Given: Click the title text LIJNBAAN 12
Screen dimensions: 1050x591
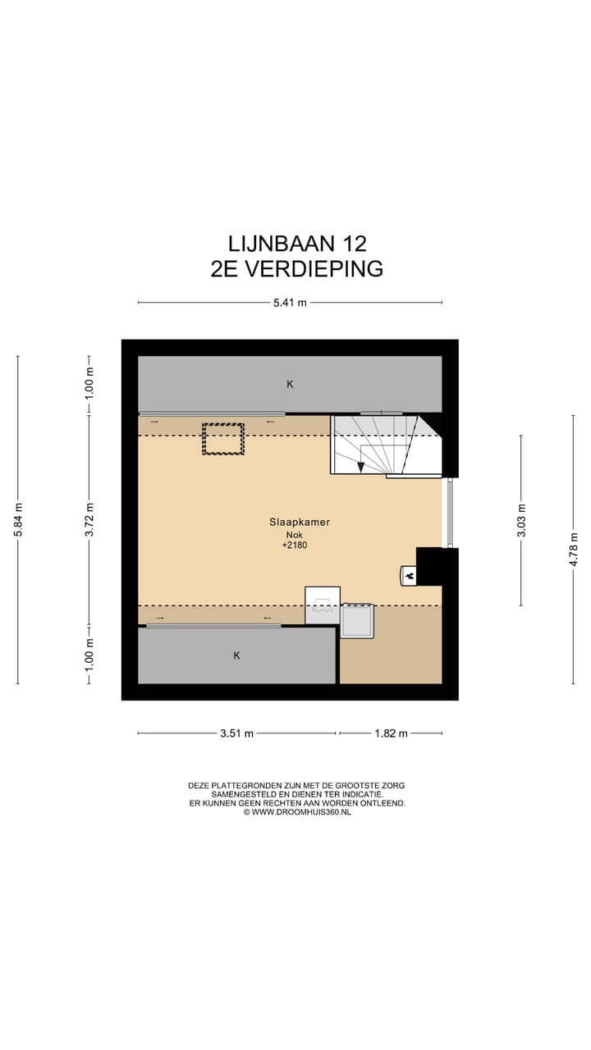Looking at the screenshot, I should (x=297, y=244).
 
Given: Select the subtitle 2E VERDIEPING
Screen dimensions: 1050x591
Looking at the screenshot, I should (x=297, y=269).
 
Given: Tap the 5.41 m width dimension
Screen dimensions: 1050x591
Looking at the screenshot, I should (x=290, y=303).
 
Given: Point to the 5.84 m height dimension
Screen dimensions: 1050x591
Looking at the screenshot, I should (x=18, y=519).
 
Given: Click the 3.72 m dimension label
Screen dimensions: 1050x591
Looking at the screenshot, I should (x=89, y=519).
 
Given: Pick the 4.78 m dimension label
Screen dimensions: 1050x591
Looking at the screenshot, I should (x=574, y=549).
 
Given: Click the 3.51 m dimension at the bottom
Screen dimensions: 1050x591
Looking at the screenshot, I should (x=236, y=733).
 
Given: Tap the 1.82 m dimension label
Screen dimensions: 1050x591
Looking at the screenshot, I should (x=391, y=733).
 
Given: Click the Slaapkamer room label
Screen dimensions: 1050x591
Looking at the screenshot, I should (x=295, y=522).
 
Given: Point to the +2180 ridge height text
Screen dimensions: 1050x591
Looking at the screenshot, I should (x=295, y=545).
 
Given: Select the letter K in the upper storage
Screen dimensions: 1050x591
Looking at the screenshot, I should (x=290, y=384).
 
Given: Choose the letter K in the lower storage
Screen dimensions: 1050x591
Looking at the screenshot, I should (x=236, y=655).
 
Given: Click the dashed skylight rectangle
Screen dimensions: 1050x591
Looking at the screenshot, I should (x=223, y=438).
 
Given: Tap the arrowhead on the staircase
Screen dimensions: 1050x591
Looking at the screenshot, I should (x=361, y=467).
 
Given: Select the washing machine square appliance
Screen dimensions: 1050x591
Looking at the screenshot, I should (x=357, y=621).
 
